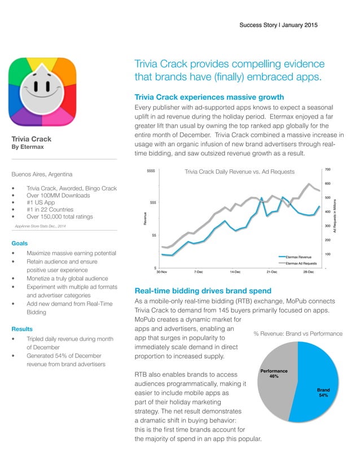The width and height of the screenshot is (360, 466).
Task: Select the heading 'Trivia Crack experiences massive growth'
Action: click(209, 97)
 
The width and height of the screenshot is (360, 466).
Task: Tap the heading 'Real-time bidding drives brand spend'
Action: click(203, 291)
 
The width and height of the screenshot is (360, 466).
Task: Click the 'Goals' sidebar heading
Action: click(20, 243)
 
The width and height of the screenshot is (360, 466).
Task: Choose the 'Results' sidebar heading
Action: click(22, 328)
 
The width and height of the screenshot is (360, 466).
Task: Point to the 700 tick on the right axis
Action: click(327, 169)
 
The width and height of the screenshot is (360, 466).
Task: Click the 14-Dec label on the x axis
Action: click(236, 272)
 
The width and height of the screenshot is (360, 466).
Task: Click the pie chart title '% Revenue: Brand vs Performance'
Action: click(297, 334)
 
